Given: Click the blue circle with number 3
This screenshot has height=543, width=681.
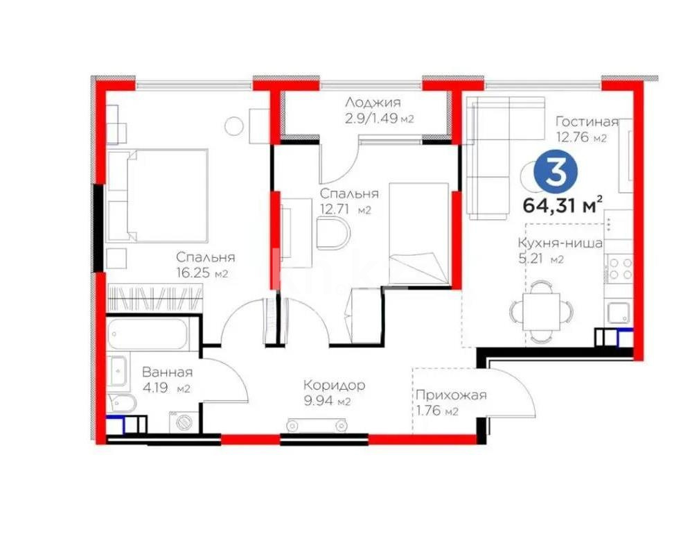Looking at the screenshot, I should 555,173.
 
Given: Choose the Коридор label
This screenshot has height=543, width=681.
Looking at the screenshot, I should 334,386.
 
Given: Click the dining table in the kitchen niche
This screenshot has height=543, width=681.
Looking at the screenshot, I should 541,311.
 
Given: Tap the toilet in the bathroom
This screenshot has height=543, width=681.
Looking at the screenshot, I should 119,402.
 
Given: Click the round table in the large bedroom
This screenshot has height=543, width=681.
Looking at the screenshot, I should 236,126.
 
